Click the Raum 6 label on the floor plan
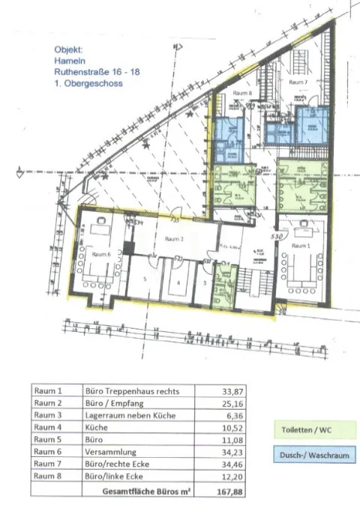[101, 254]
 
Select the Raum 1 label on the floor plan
[301, 245]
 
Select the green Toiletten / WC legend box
[307, 430]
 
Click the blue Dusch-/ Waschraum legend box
[307, 455]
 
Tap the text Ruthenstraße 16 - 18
[97, 72]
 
